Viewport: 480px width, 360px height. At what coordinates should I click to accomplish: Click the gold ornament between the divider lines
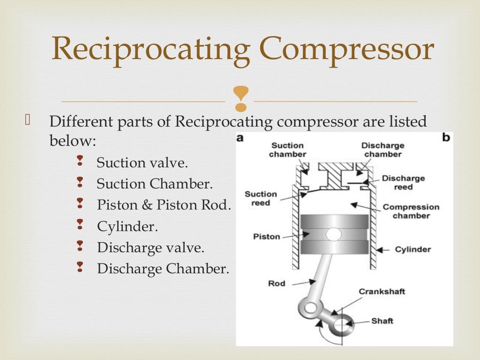click(240, 99)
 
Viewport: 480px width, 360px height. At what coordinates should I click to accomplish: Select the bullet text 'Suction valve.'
click(142, 163)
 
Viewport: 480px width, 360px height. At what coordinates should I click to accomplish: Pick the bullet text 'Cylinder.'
click(127, 227)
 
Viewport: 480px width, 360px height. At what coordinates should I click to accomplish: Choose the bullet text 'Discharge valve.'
click(151, 247)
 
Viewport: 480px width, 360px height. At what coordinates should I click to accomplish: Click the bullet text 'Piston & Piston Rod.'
click(164, 205)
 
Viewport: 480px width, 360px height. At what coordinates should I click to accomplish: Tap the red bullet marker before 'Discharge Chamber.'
click(80, 268)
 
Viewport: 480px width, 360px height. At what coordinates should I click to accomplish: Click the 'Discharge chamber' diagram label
click(382, 150)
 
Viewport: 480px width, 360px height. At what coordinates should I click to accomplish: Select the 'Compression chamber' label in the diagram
click(411, 211)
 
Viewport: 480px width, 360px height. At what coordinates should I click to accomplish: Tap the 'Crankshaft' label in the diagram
click(382, 292)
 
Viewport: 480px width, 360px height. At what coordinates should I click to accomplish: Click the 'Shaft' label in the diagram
click(382, 321)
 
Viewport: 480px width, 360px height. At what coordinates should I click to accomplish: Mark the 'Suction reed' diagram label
click(261, 198)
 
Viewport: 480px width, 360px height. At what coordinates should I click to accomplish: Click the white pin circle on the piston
click(334, 233)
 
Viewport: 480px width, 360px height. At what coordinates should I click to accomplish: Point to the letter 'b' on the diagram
click(446, 138)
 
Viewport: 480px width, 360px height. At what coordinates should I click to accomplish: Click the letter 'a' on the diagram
click(240, 138)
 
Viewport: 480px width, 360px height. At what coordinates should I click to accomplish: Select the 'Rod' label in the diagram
click(277, 283)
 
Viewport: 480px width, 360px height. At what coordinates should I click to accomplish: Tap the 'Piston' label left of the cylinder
click(266, 236)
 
